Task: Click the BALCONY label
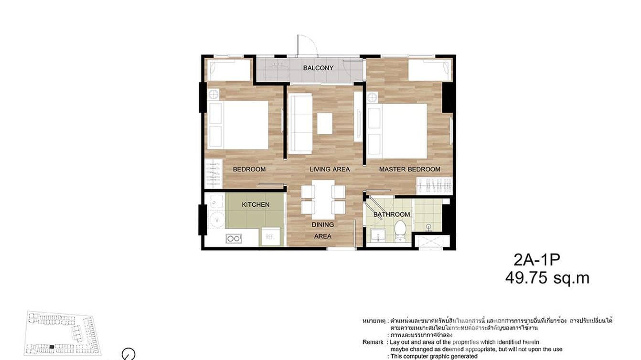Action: [318, 68]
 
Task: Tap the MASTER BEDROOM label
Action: [409, 169]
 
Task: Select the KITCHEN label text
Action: [256, 204]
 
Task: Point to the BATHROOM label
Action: [392, 214]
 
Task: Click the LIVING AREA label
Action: [330, 169]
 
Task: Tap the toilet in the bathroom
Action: [400, 230]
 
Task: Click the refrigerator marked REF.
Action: [268, 237]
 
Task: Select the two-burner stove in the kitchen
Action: [234, 238]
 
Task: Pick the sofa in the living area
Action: [300, 124]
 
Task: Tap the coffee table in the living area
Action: [325, 123]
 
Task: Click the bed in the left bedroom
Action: [245, 125]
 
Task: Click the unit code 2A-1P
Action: [536, 260]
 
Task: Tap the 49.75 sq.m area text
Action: [547, 278]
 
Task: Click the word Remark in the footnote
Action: [373, 342]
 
